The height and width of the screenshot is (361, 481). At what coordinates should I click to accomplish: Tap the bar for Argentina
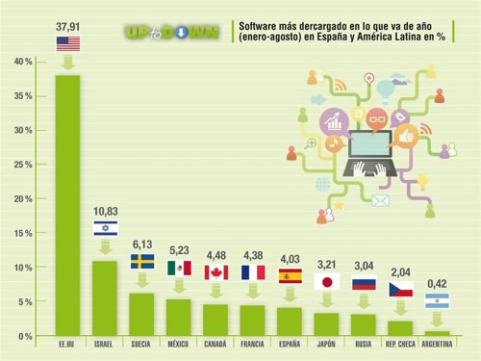pyautogui.click(x=436, y=333)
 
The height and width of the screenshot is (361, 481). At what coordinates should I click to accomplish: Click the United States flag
pyautogui.click(x=68, y=43)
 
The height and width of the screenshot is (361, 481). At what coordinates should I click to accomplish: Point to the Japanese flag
pyautogui.click(x=328, y=282)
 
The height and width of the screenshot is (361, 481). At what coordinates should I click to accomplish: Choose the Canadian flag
pyautogui.click(x=216, y=272)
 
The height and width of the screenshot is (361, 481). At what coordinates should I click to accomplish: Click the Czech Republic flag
pyautogui.click(x=401, y=289)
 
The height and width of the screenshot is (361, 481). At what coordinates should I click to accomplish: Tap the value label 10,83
pyautogui.click(x=105, y=211)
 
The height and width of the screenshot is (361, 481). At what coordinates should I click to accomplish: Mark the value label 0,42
pyautogui.click(x=437, y=284)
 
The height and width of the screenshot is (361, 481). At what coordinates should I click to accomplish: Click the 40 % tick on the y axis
pyautogui.click(x=20, y=62)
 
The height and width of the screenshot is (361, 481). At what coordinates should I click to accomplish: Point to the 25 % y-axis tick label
pyautogui.click(x=20, y=165)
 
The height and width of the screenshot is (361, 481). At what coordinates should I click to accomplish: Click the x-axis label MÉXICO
pyautogui.click(x=179, y=344)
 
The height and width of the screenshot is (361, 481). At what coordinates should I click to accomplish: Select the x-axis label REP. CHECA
pyautogui.click(x=399, y=344)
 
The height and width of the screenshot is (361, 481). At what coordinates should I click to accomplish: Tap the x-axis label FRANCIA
pyautogui.click(x=253, y=344)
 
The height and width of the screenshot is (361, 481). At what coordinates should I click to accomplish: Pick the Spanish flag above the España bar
pyautogui.click(x=291, y=275)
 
